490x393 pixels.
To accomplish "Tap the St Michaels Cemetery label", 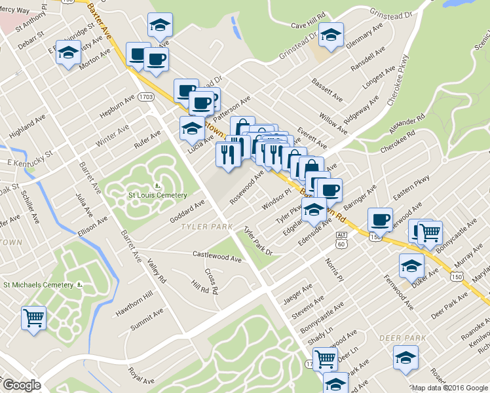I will click(39, 284).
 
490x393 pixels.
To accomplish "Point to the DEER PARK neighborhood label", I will click(398, 338).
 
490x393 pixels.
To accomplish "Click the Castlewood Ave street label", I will click(217, 255).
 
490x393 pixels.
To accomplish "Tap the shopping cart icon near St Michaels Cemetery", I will click(33, 318).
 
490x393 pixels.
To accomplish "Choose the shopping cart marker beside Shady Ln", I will click(325, 358).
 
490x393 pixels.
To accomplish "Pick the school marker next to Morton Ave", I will click(68, 53).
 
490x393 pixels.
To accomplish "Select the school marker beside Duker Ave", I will click(411, 265).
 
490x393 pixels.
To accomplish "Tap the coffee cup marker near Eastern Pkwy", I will click(380, 219).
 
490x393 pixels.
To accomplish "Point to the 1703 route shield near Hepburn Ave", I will click(146, 97).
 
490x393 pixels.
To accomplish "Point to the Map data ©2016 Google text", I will click(449, 388).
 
